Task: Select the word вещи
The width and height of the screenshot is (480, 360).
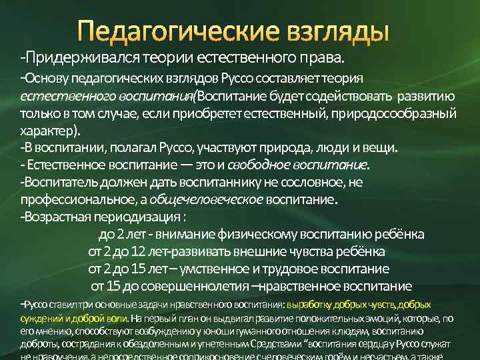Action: point(381,147)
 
